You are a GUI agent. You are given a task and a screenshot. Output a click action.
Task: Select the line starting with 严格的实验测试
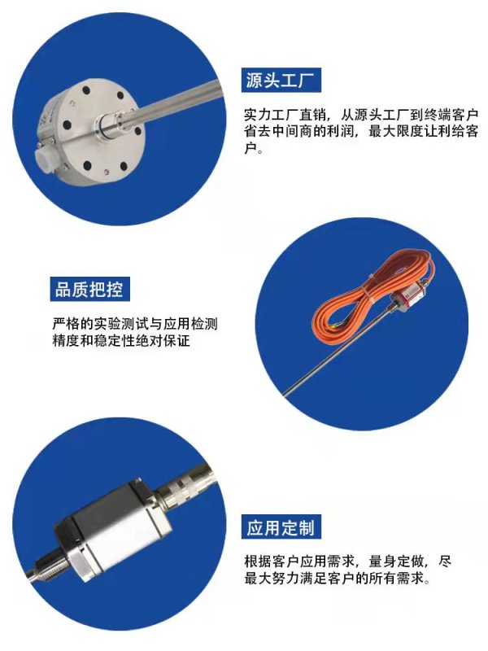[x=134, y=324]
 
